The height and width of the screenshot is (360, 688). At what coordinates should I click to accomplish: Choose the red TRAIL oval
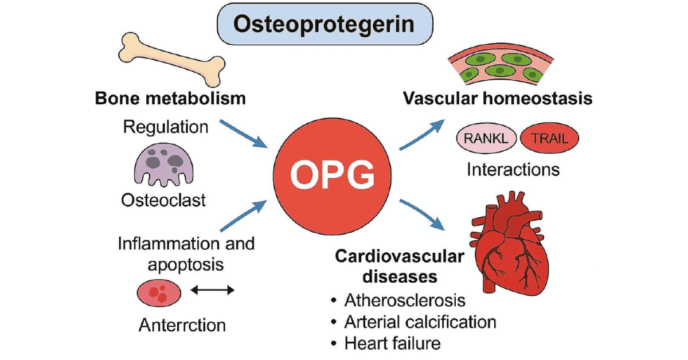tap(549, 138)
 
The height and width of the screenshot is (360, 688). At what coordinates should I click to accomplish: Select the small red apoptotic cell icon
tap(159, 293)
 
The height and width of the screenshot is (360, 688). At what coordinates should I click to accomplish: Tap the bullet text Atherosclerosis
tap(405, 300)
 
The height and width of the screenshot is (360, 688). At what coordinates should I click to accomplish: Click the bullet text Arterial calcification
tap(420, 322)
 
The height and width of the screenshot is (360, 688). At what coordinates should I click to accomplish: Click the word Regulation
tap(165, 126)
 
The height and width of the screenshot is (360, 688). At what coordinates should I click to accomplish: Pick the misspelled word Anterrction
tap(182, 325)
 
